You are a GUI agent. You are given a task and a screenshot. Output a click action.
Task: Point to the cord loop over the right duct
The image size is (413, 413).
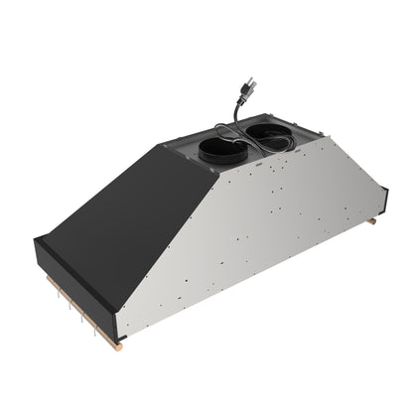tap(256, 126)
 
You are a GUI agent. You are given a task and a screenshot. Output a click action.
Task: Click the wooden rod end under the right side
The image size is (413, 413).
tap(371, 221)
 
